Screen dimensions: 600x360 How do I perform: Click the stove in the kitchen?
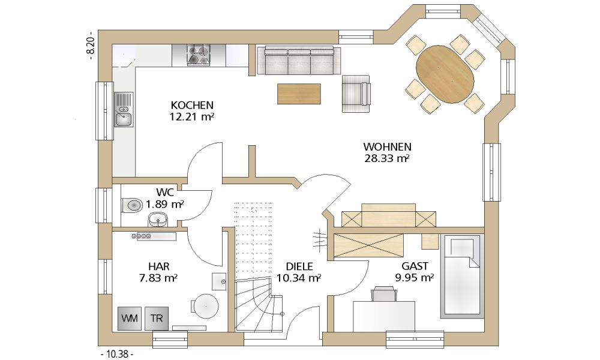199,55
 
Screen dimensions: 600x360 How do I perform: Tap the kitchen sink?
124,109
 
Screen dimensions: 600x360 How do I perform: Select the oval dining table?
445,74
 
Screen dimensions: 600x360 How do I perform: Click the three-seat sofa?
299,60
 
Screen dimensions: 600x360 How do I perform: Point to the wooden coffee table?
299,94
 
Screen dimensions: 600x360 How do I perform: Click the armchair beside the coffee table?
356,94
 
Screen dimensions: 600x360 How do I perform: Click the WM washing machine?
130,318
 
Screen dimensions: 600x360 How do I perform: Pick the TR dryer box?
156,318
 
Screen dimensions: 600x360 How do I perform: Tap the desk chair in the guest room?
384,294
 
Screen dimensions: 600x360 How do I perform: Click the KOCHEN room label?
192,105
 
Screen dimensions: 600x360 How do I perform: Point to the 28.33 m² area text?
387,158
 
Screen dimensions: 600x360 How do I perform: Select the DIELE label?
299,266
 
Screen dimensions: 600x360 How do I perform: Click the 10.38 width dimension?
117,354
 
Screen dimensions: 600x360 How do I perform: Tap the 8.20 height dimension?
91,46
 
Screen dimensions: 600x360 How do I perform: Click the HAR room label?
159,266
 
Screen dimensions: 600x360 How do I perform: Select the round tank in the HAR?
205,307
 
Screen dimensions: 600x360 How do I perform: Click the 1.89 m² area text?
165,204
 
